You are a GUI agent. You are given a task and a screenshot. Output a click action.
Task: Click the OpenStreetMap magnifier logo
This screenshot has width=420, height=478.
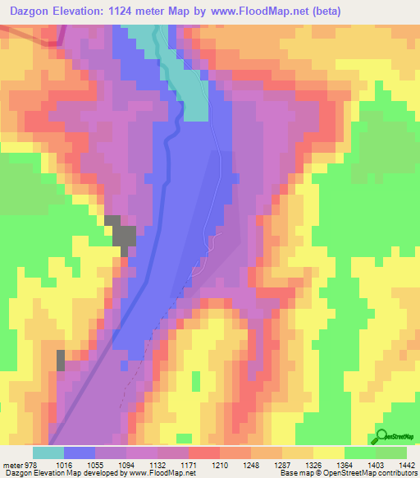click(383, 437)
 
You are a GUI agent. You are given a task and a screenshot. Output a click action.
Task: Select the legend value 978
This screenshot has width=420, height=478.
click(30, 464)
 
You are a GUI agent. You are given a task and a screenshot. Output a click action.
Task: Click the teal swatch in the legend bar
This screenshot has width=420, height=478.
click(48, 453)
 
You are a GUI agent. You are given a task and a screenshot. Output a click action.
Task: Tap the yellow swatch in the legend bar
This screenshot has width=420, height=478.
click(328, 453)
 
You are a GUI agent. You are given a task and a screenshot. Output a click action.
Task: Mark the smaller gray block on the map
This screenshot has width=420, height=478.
click(60, 359)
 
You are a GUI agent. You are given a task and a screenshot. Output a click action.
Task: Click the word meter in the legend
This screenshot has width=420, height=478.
click(11, 464)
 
